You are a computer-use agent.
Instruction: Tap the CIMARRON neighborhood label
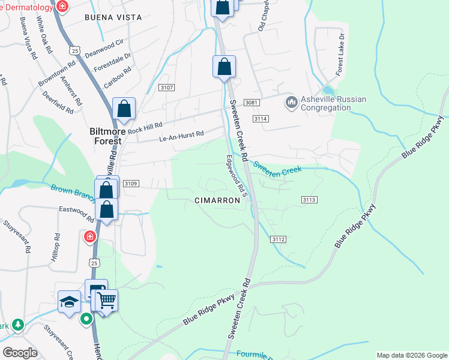click(217, 200)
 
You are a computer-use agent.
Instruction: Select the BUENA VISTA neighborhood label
click(113, 17)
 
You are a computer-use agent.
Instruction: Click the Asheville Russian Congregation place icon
click(292, 103)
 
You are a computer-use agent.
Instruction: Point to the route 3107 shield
click(166, 88)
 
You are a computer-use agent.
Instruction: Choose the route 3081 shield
click(252, 103)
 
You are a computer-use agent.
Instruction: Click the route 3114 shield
click(260, 119)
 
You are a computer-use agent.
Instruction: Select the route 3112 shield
click(277, 239)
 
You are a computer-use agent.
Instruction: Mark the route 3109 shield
click(131, 184)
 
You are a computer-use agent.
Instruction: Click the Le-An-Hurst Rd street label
click(181, 137)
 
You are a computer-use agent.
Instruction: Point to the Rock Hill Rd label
click(145, 127)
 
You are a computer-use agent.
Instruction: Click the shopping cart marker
click(106, 300)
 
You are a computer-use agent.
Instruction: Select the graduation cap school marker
click(70, 301)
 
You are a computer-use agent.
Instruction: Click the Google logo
click(20, 353)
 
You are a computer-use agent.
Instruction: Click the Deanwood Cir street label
click(104, 47)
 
